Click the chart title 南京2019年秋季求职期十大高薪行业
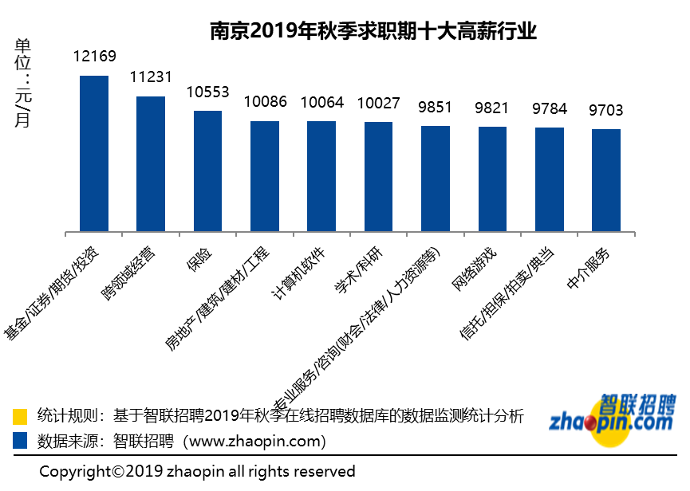click(373, 31)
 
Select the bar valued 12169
click(94, 154)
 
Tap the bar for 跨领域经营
click(151, 164)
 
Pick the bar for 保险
click(208, 171)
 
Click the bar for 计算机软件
click(321, 176)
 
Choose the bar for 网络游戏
click(492, 179)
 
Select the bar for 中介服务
click(606, 180)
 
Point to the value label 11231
click(152, 77)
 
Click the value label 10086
click(265, 102)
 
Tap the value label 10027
click(379, 103)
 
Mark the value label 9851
click(436, 108)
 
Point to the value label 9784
click(550, 108)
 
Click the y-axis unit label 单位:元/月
click(23, 83)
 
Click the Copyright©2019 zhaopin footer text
click(197, 471)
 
